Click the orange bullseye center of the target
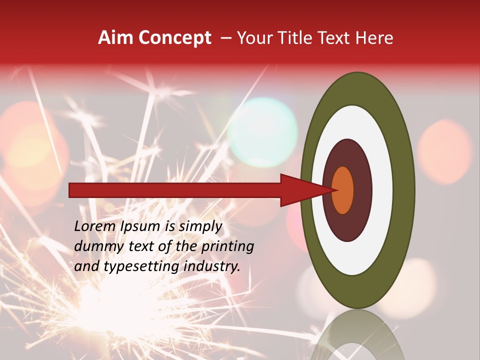tap(343, 190)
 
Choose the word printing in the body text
tap(227, 247)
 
